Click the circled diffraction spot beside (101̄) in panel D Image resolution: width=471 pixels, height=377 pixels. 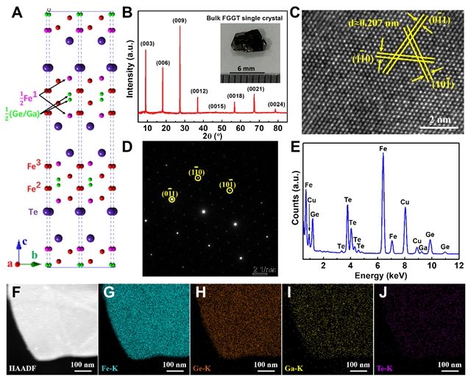click(x=230, y=190)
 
